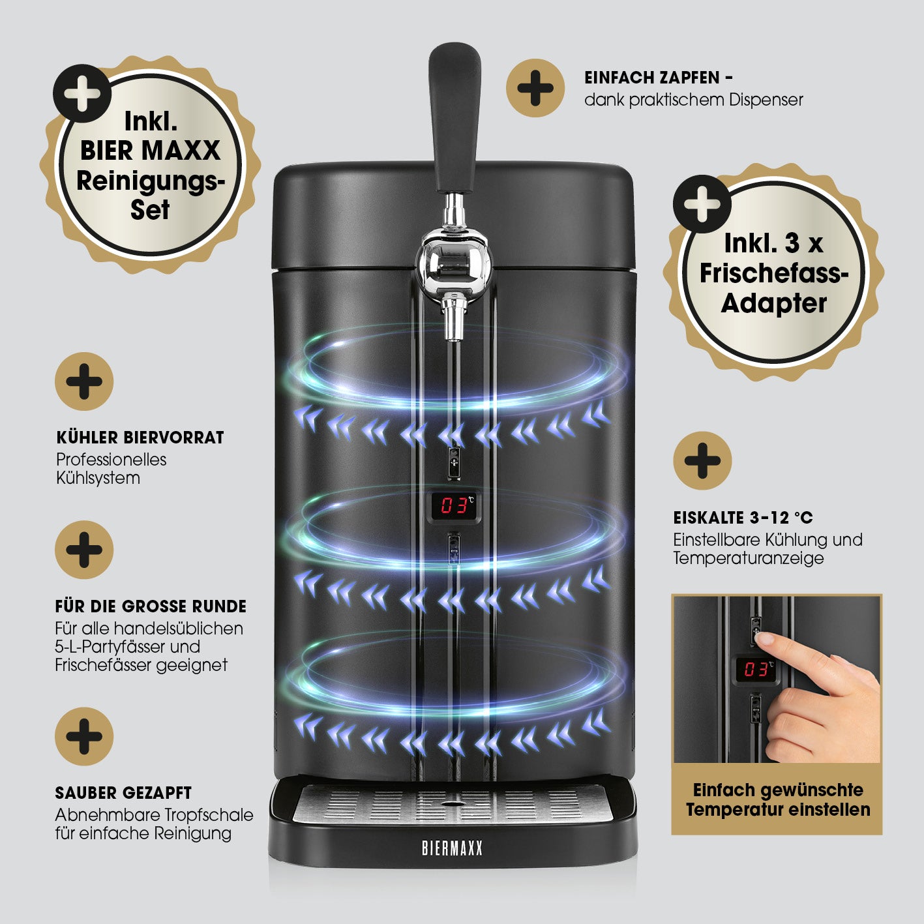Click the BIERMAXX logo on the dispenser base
[x=452, y=848]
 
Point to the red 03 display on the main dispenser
[x=455, y=505]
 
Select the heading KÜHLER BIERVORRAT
[x=140, y=438]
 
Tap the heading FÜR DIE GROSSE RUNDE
[x=151, y=606]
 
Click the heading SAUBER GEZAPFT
[x=123, y=793]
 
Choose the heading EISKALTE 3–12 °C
[x=743, y=518]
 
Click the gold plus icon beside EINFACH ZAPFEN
[x=535, y=88]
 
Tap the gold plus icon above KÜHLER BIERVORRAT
[x=84, y=381]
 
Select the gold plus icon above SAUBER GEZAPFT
[x=84, y=736]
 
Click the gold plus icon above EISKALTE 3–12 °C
[x=702, y=460]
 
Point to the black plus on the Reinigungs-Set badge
[x=82, y=93]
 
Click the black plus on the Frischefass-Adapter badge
[x=702, y=204]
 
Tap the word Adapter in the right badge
[x=773, y=303]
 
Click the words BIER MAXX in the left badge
[x=150, y=151]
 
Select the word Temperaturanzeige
[x=748, y=558]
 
